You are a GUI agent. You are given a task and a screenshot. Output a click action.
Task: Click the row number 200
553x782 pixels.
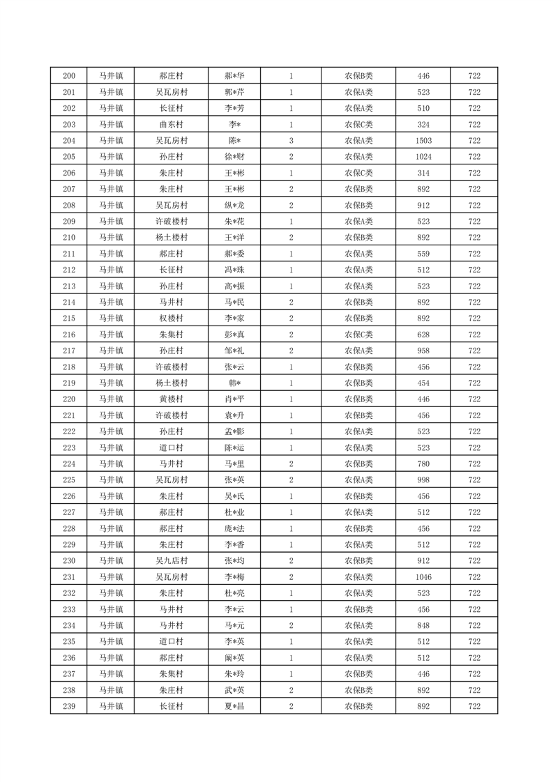point(68,76)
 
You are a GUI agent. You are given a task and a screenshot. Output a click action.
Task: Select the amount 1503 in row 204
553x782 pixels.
point(423,141)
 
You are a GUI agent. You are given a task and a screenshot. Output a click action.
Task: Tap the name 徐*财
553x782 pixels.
point(234,157)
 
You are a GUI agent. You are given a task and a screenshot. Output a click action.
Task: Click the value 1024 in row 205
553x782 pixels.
point(423,157)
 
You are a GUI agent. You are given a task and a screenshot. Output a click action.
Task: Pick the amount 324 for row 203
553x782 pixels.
point(423,125)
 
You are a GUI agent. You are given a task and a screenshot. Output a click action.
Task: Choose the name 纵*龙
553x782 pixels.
point(234,206)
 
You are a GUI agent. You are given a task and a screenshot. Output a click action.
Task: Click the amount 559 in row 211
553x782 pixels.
point(423,254)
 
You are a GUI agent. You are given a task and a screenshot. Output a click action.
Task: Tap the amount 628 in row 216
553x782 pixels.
point(423,335)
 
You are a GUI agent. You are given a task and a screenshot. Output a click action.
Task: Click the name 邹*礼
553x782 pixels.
point(234,351)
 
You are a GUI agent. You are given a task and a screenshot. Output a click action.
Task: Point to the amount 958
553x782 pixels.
point(423,351)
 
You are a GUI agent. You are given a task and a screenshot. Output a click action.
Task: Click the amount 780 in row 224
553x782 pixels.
point(423,464)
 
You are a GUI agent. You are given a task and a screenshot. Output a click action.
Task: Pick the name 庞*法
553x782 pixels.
point(234,528)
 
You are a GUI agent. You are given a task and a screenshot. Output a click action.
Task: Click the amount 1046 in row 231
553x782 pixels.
point(423,577)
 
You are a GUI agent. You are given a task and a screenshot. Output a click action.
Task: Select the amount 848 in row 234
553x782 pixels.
point(423,625)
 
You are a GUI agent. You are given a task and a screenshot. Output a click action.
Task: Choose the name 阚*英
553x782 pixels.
point(234,658)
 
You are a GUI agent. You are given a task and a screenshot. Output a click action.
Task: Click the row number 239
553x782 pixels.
point(68,706)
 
